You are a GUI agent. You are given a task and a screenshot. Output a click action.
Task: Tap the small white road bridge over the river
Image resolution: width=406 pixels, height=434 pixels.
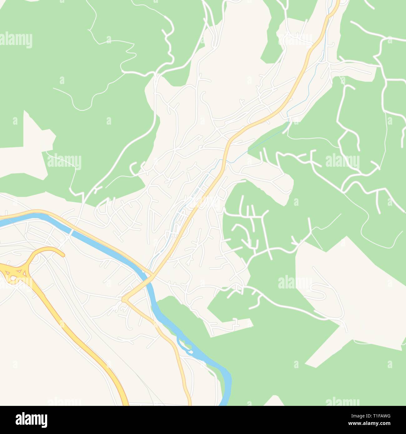click(72, 232)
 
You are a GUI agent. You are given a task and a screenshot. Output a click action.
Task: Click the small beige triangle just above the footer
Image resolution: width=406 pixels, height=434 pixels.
click(274, 401)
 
